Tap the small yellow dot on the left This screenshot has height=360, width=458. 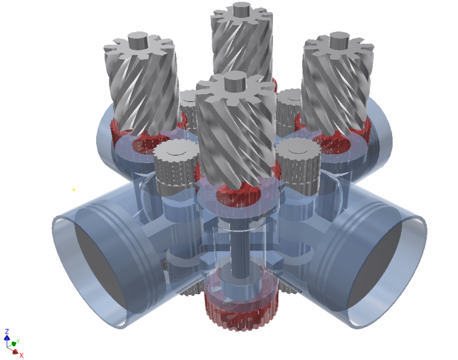point(74,189)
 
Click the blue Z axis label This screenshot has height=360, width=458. point(7,331)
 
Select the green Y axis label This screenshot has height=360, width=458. point(18,341)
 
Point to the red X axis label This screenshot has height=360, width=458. point(21,355)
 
